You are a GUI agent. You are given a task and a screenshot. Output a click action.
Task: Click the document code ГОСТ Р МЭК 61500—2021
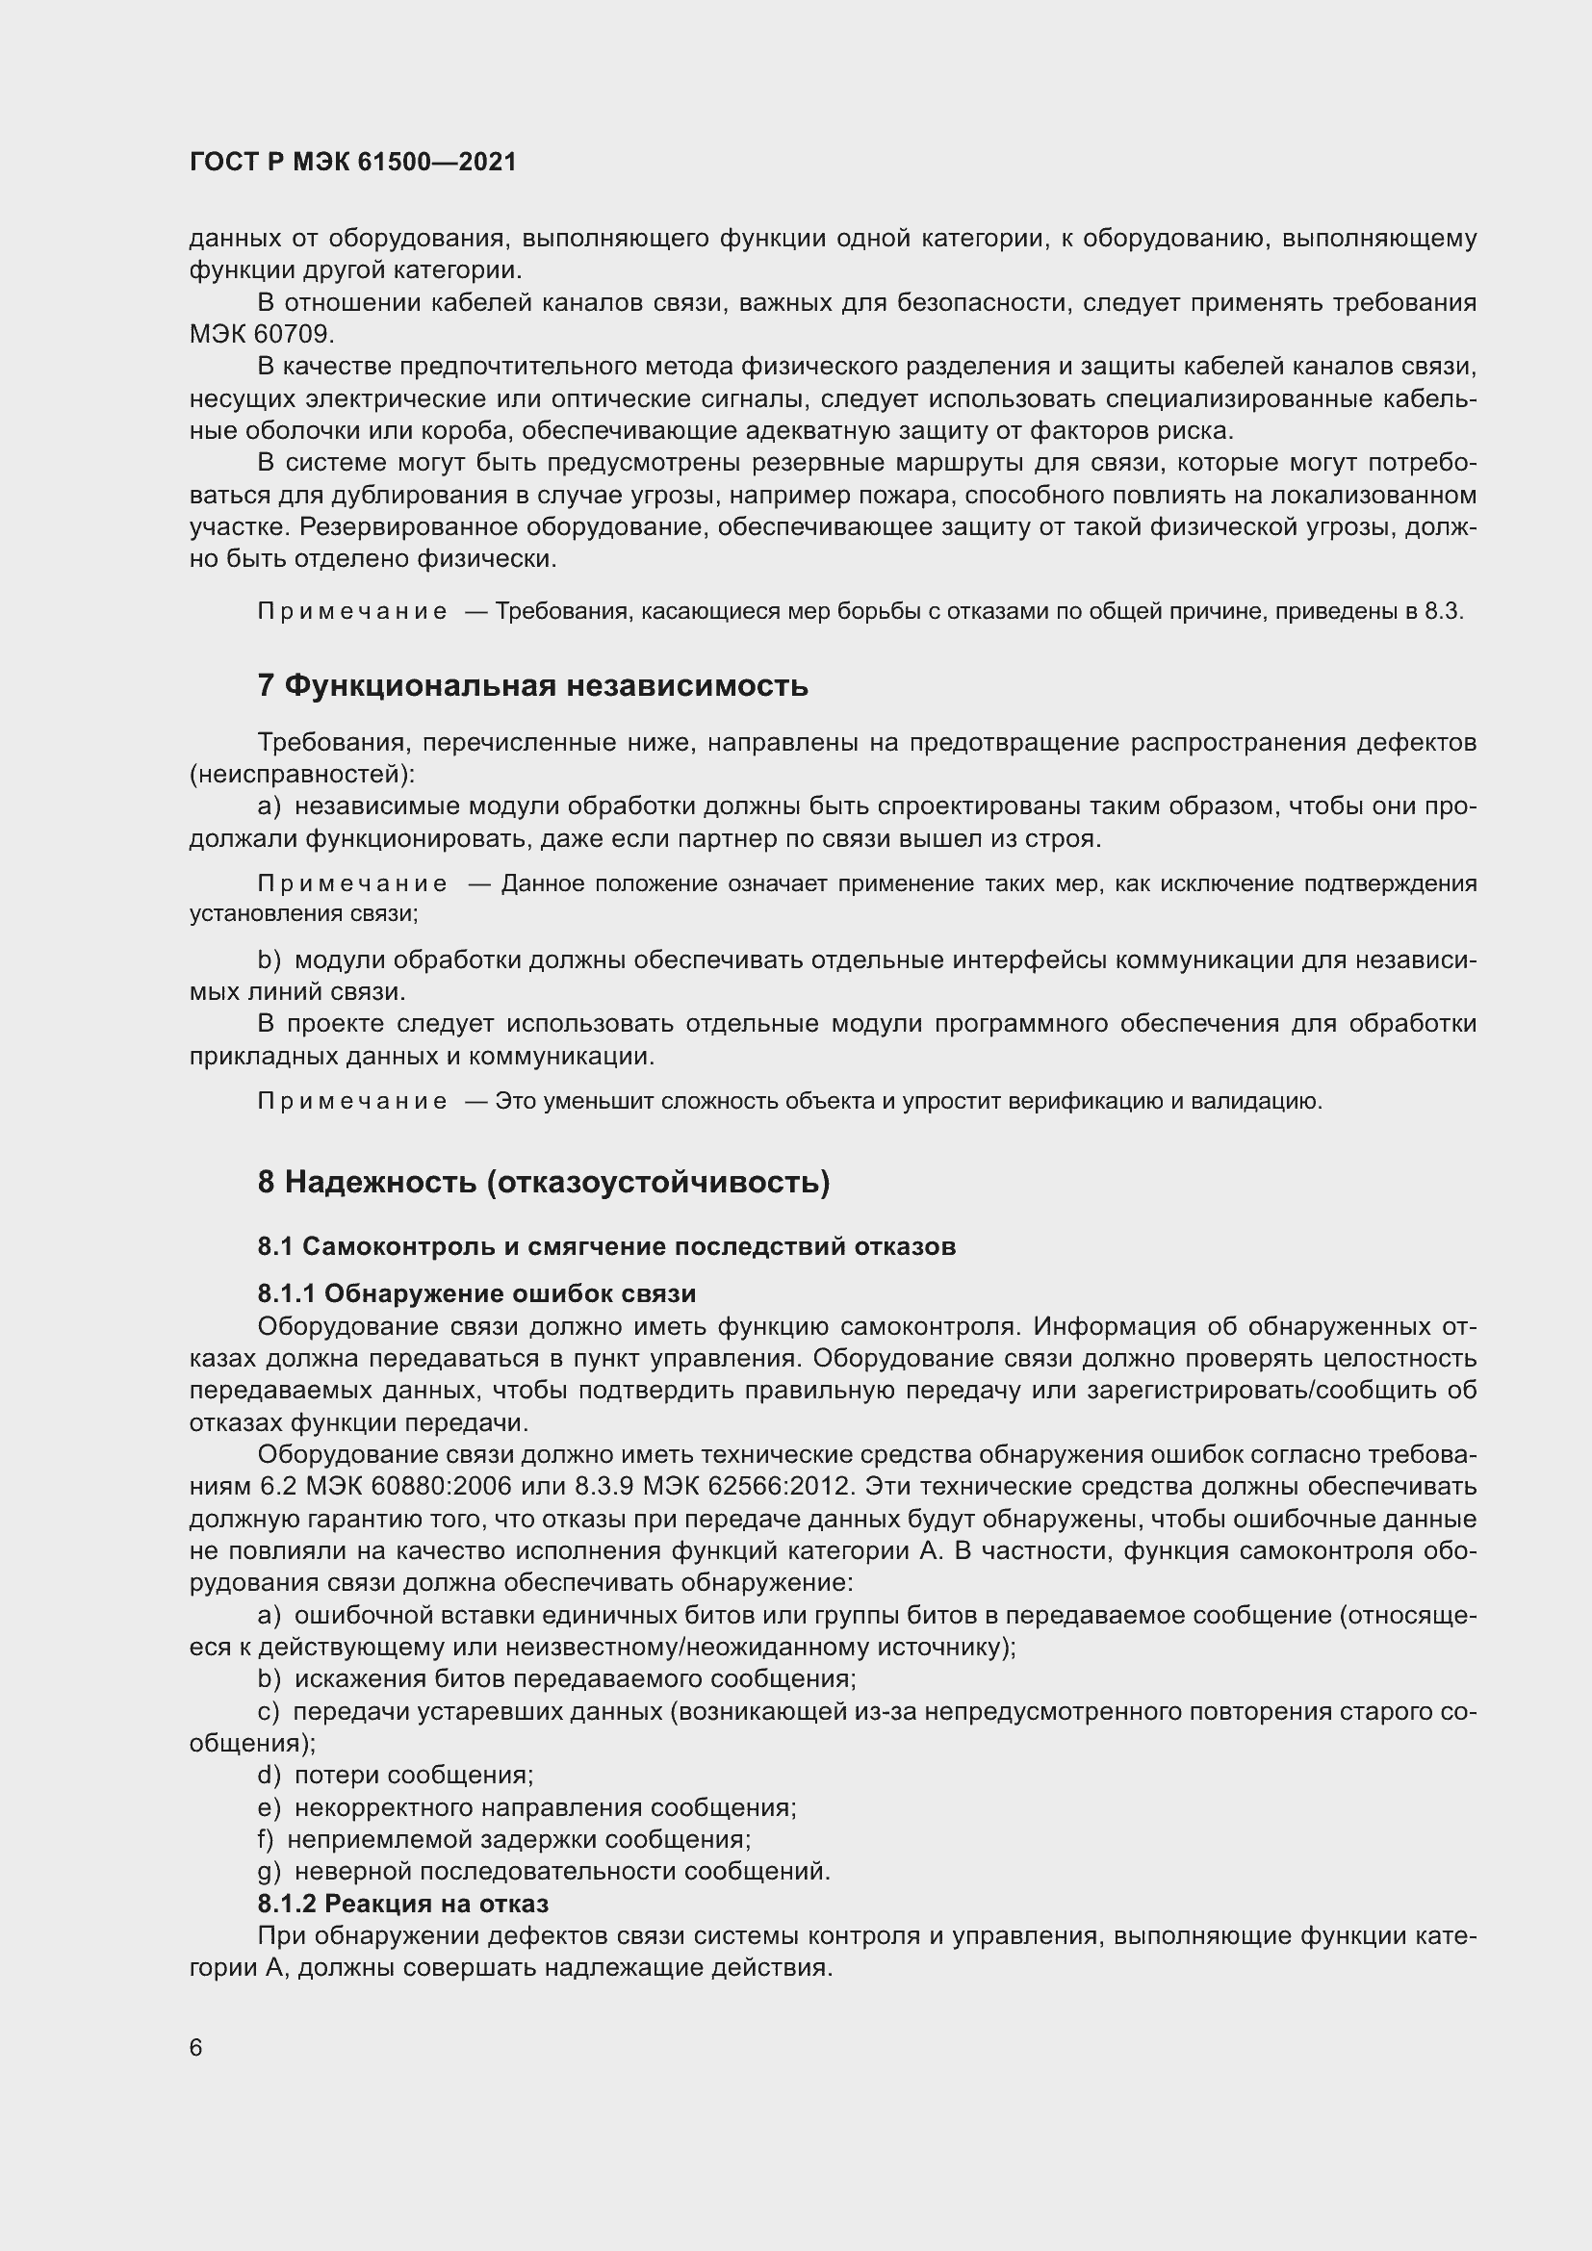(x=353, y=162)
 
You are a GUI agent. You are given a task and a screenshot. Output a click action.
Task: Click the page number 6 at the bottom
(x=196, y=2048)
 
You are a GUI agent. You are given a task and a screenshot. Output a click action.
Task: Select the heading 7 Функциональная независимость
(x=532, y=685)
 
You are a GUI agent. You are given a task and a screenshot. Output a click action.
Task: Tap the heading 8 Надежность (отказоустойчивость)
(x=543, y=1183)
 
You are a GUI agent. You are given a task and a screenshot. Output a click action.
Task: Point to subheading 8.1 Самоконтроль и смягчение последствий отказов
(x=605, y=1247)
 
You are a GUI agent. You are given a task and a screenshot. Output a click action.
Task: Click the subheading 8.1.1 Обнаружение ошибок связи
(x=476, y=1294)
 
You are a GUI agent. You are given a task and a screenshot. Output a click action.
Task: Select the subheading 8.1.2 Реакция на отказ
(x=403, y=1904)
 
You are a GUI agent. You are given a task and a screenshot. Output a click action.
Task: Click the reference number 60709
(x=294, y=334)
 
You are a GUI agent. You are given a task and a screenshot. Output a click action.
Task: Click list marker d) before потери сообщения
(x=269, y=1776)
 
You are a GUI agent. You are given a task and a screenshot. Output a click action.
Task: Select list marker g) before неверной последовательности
(x=269, y=1872)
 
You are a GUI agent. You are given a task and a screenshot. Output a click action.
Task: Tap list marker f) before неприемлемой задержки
(x=266, y=1839)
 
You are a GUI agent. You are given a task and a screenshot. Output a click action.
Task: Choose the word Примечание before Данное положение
(x=352, y=884)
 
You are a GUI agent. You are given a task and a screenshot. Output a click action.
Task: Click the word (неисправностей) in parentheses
(x=301, y=775)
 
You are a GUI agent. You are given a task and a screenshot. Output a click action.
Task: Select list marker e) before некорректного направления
(x=269, y=1808)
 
